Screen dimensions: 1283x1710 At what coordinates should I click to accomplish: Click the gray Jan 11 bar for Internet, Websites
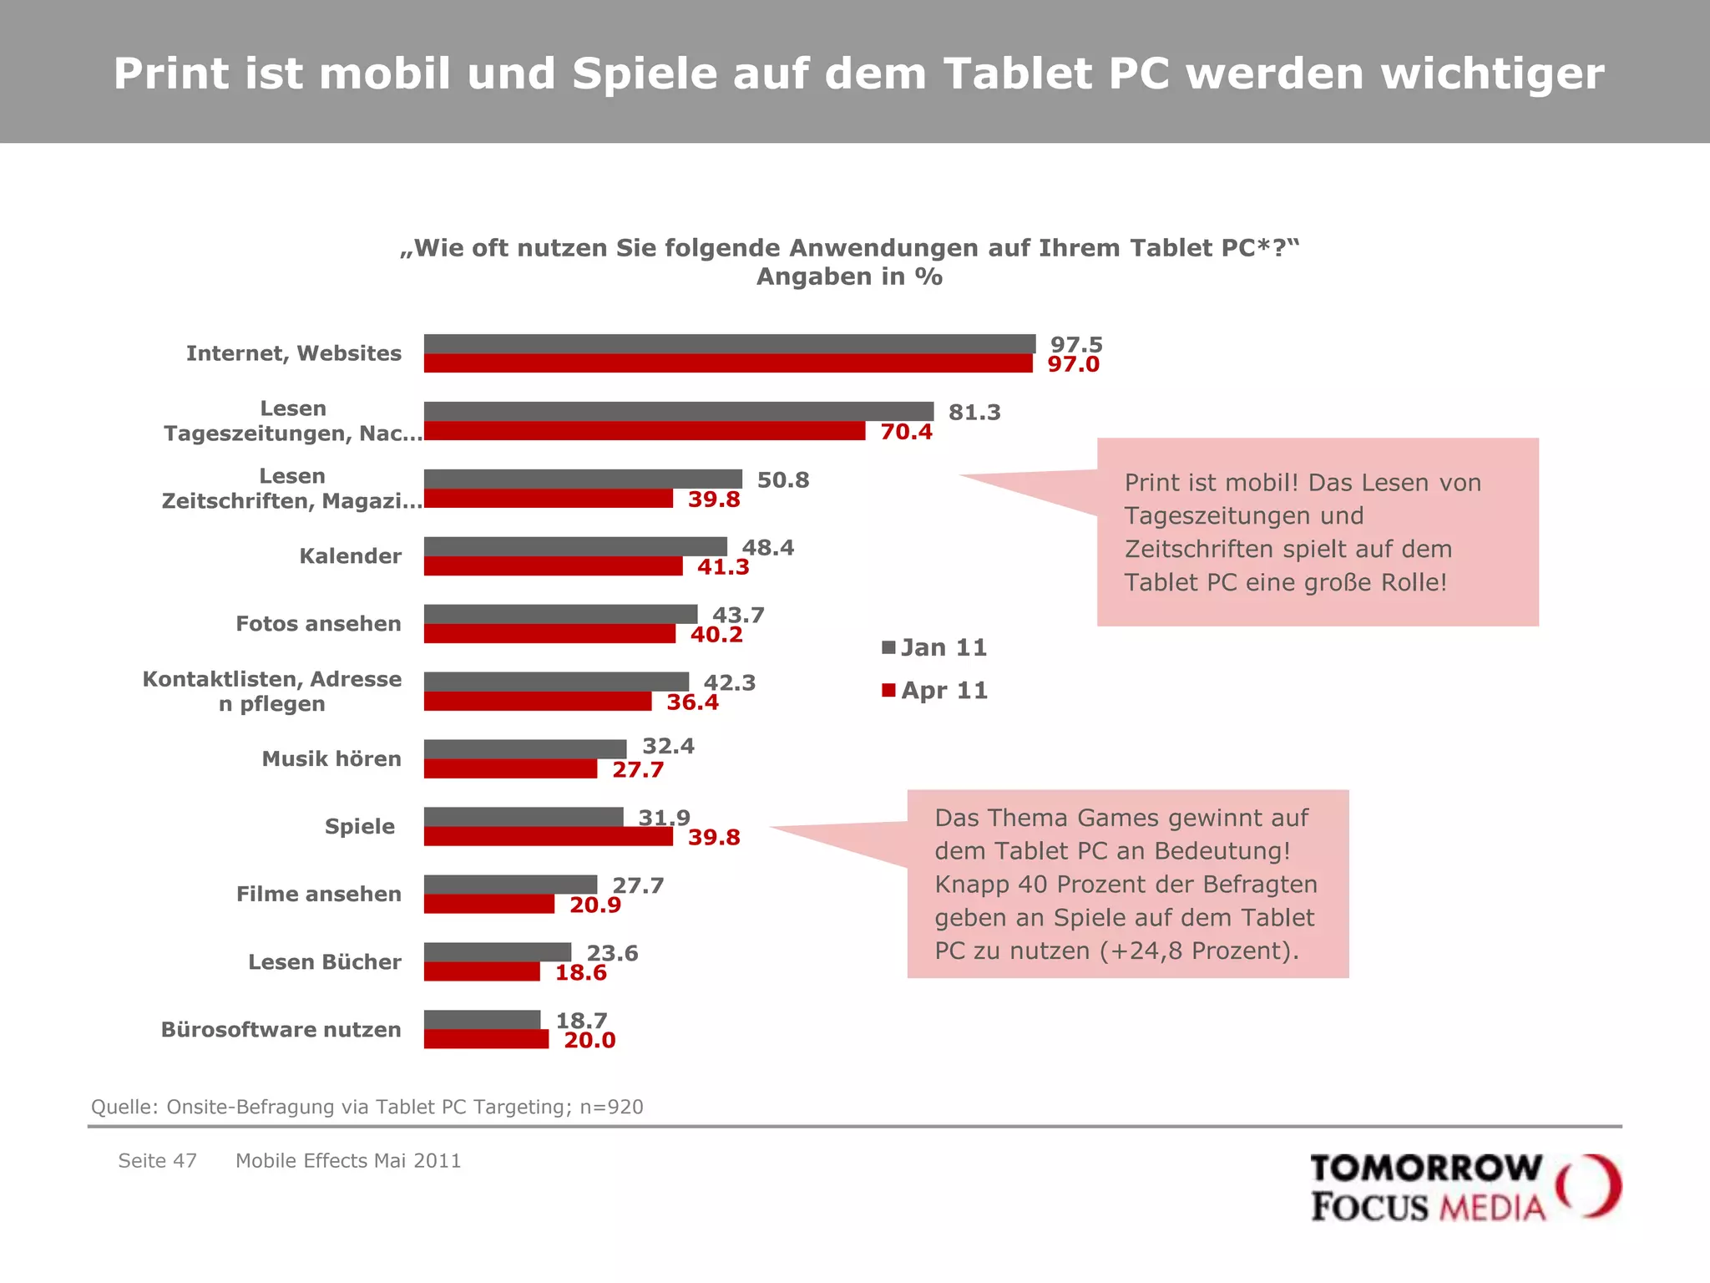pos(729,343)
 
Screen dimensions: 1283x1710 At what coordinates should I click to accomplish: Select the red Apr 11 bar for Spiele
pos(548,836)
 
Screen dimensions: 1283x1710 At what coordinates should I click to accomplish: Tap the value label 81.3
pos(974,413)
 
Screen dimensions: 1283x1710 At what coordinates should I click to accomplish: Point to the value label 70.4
pos(906,432)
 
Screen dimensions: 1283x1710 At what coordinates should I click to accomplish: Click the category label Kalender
pos(350,556)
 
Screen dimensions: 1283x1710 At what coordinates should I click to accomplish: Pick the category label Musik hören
pos(331,758)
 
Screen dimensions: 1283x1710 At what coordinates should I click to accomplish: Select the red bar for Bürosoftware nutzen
pos(486,1039)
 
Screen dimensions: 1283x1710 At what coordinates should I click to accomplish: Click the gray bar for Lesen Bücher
pos(497,951)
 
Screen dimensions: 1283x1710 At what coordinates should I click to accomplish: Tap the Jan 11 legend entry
pos(935,647)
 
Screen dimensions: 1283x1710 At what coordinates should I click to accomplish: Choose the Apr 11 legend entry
pos(935,691)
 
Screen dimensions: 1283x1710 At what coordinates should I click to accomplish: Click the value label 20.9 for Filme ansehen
pos(594,905)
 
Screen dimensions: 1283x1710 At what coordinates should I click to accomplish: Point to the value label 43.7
pos(737,616)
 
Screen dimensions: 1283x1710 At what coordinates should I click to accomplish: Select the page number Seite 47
pos(157,1160)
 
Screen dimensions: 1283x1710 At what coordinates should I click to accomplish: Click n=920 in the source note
pos(611,1107)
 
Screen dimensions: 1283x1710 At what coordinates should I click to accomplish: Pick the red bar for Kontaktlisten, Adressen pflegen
pos(537,702)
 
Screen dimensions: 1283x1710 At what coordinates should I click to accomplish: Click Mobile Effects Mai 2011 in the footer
pos(348,1160)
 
